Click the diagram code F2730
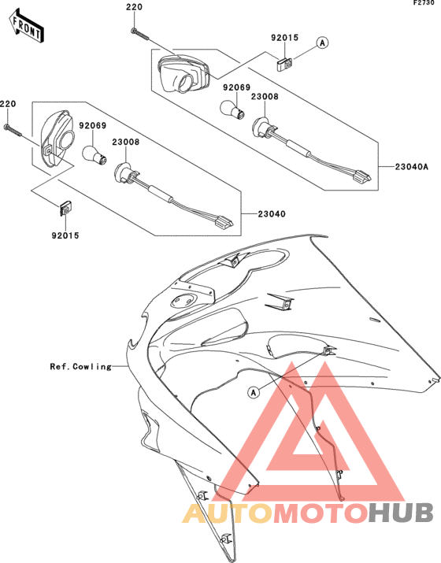[x=426, y=3]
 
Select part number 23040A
[x=412, y=167]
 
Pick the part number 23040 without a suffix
[x=272, y=214]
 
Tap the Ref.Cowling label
[x=81, y=367]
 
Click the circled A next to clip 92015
[x=323, y=43]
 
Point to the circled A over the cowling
[x=254, y=392]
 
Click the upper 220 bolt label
[x=134, y=7]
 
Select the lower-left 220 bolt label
[x=8, y=104]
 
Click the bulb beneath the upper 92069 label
[x=232, y=109]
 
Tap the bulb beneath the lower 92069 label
[x=94, y=155]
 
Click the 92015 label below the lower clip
[x=65, y=235]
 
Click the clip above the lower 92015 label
[x=65, y=208]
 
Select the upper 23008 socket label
[x=265, y=97]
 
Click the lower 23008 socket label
[x=126, y=143]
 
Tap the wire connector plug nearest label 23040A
[x=362, y=176]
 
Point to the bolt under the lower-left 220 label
[x=13, y=131]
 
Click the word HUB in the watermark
[x=401, y=513]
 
